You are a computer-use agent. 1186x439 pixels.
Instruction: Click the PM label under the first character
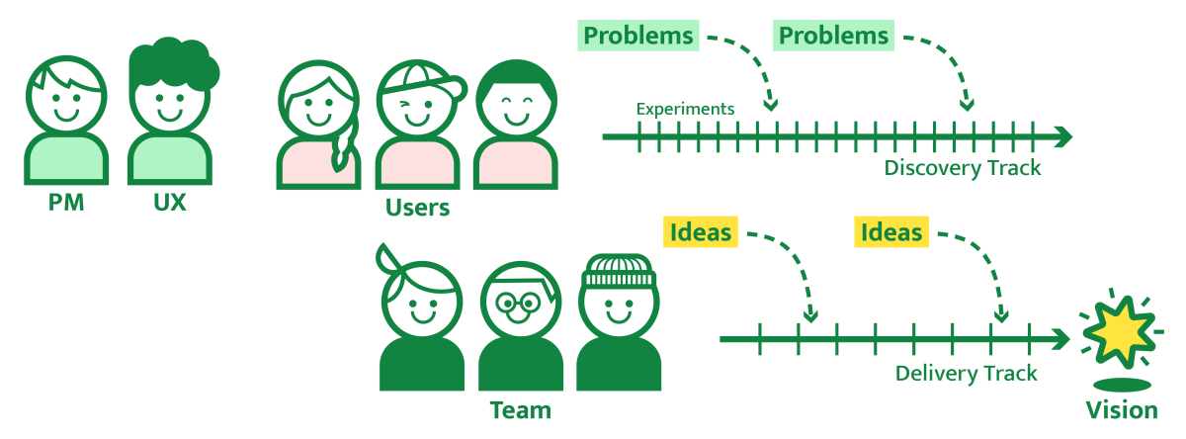tap(66, 203)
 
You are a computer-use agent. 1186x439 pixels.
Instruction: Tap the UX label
tap(170, 203)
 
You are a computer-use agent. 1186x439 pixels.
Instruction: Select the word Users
tap(417, 208)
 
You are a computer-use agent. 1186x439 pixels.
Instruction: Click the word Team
tap(520, 409)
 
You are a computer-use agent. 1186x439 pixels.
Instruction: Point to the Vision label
tap(1121, 410)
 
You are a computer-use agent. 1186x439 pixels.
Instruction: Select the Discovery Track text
tap(963, 167)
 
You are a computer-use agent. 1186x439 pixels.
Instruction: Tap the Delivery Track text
tap(966, 373)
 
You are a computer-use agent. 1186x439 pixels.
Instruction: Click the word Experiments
tap(685, 109)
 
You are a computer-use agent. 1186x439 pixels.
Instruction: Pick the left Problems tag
tap(638, 37)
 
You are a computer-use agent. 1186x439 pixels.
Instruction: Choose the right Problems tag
tap(833, 37)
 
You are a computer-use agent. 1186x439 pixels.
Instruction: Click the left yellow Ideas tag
tap(701, 232)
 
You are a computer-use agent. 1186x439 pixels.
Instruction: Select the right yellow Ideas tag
tap(890, 232)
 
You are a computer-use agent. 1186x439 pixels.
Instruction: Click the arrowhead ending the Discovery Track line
tap(1063, 136)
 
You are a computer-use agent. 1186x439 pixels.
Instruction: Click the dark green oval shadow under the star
tap(1121, 385)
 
